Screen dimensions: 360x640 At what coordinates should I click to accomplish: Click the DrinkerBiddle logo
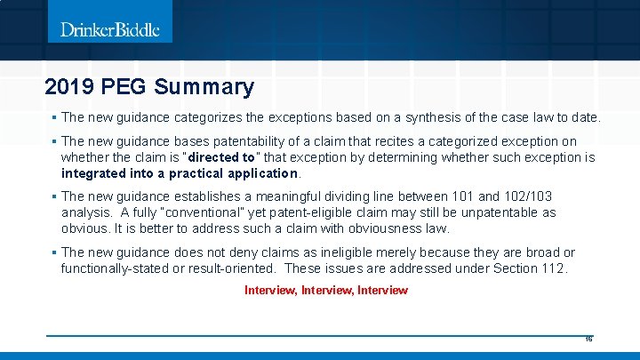click(x=110, y=29)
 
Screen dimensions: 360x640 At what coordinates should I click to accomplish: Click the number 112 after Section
click(x=553, y=268)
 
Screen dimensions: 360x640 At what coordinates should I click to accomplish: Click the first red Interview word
click(x=271, y=290)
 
